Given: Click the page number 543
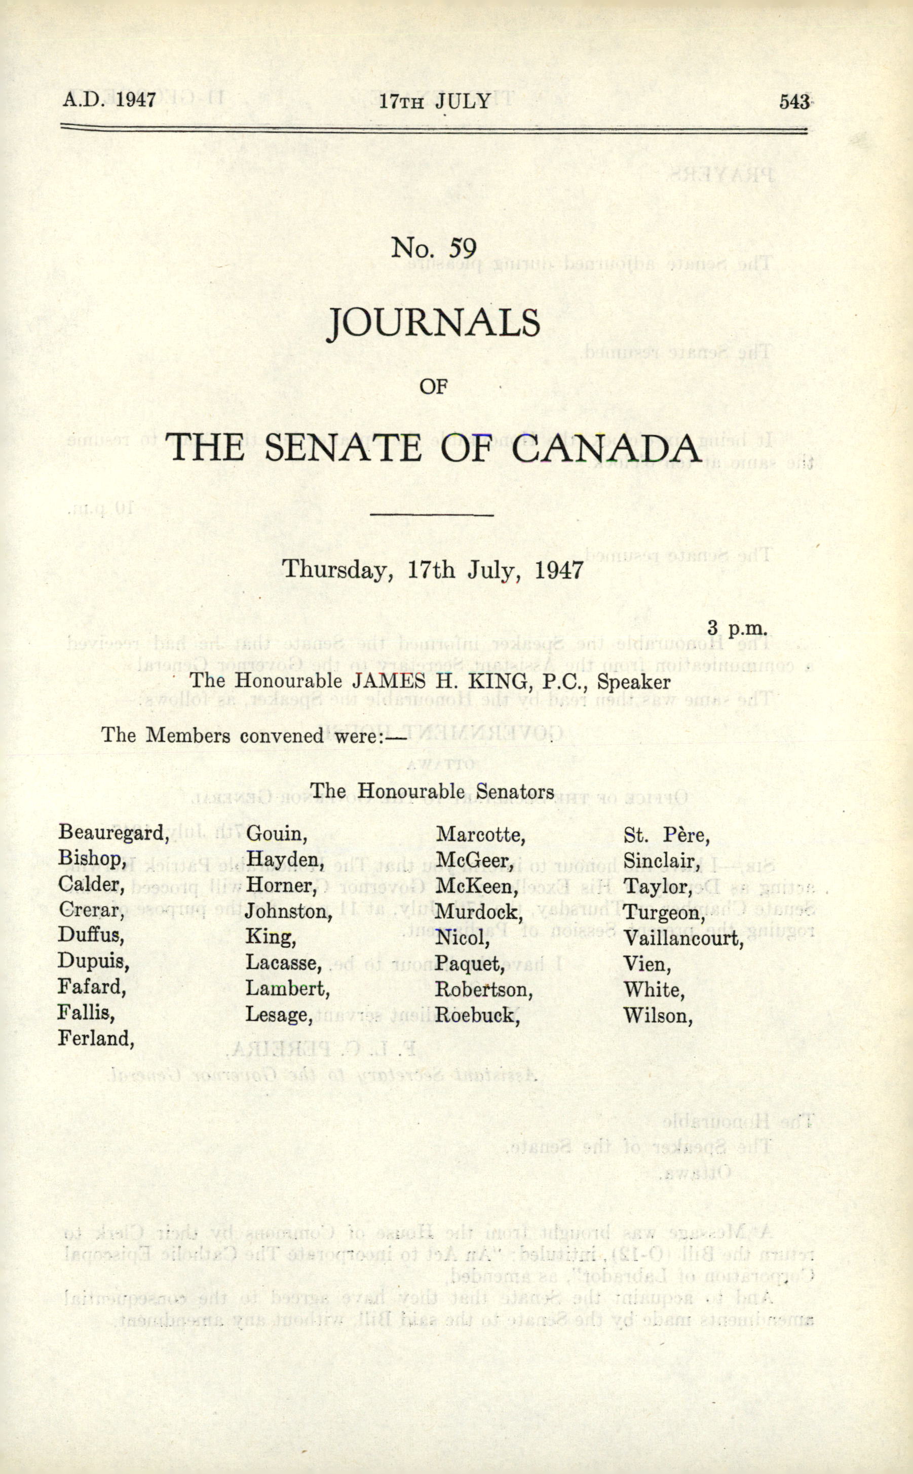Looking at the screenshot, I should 793,101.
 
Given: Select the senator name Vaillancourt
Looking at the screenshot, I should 683,939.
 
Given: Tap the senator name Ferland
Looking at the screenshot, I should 95,1039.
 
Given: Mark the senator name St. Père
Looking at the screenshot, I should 666,835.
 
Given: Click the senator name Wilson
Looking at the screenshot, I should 658,1016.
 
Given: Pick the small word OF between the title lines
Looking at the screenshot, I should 433,386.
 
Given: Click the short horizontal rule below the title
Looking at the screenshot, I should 432,515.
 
